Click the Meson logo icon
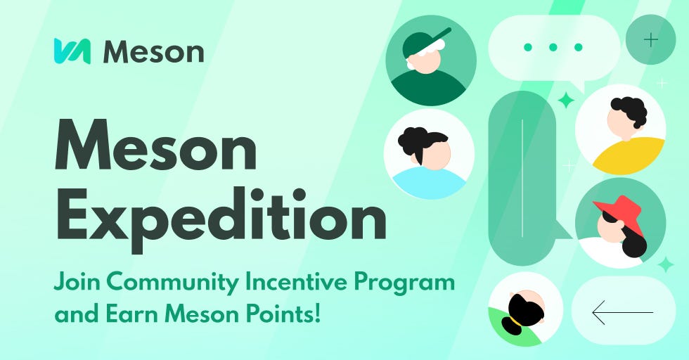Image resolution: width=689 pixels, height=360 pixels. pos(72,51)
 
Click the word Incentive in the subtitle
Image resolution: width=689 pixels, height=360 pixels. pos(296,281)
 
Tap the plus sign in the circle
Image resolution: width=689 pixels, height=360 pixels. pos(651,40)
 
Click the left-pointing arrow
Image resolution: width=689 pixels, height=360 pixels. pos(623,312)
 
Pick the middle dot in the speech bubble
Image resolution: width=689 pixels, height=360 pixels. pos(553,47)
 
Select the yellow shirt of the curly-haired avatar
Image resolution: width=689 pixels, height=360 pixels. pos(629,155)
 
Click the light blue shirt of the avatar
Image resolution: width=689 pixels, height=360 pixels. pos(429,183)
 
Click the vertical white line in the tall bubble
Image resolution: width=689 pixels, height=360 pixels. pos(522,178)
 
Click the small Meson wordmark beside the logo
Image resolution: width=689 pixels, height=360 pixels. pos(153,52)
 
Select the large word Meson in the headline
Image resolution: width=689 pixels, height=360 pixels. pos(155,145)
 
